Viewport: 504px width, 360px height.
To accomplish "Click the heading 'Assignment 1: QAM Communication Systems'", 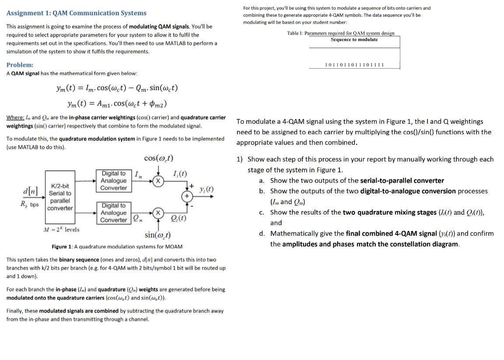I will point(77,13).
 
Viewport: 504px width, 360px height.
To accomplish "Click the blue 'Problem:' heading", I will point(20,65).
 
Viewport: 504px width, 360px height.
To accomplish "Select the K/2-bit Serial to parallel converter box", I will point(60,197).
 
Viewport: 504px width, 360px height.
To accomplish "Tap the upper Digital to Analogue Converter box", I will point(113,181).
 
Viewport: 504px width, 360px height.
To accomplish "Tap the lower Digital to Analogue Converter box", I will point(113,213).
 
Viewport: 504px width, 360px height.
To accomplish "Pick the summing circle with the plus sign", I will point(187,197).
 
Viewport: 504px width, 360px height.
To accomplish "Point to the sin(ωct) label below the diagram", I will point(157,235).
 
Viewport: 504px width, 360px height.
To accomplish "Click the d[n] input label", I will point(30,191).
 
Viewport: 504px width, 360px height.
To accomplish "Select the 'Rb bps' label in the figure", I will point(30,204).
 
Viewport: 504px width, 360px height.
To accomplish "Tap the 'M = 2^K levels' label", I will point(61,229).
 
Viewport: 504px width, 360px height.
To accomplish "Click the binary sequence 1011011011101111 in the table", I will point(354,65).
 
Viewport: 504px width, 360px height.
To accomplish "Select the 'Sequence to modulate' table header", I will point(354,39).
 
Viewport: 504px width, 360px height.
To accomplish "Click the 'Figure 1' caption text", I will point(117,247).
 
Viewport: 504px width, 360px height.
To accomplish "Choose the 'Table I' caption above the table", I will point(341,33).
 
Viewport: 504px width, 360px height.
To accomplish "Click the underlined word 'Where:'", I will point(15,118).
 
